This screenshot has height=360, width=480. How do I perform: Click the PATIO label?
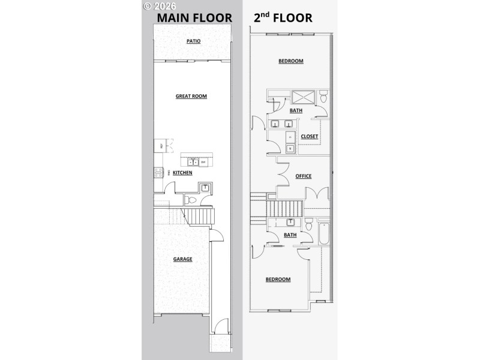coord(192,41)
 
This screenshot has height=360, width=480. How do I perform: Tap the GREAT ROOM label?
coord(191,96)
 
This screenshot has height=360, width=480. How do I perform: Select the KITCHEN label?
coord(182,173)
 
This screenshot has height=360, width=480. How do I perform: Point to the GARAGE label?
coord(183,259)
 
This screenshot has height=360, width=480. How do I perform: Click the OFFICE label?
coord(304,176)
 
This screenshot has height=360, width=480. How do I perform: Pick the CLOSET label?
coord(309,136)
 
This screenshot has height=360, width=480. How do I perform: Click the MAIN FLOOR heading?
coord(194,17)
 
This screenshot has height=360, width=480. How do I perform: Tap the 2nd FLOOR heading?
coord(283,17)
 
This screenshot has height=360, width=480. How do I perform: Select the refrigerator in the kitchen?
coord(160,145)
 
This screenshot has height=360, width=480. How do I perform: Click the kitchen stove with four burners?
coord(158,173)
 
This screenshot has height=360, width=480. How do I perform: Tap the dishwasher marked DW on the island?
coord(203,162)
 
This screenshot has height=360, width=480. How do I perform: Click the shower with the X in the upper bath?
coord(305,96)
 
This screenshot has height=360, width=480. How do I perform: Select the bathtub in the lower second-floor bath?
coord(325,233)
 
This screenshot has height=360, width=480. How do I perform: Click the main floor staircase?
coord(202,215)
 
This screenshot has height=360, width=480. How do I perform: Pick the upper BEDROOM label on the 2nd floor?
coord(290,61)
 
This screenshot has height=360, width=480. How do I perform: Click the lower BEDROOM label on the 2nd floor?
coord(278,279)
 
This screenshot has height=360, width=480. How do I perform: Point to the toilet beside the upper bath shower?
coord(323,96)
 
